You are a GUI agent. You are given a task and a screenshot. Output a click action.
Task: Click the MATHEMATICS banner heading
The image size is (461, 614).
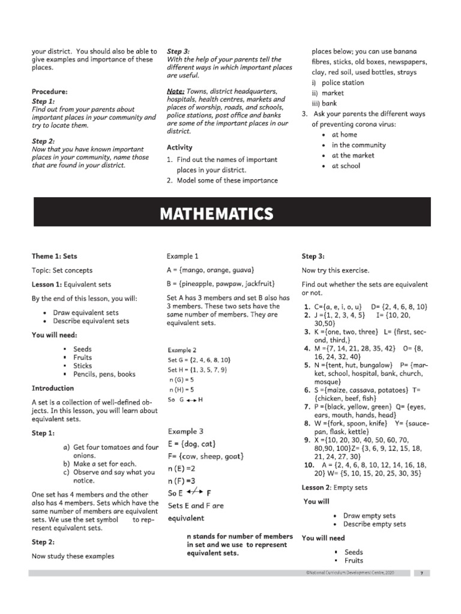[216, 214]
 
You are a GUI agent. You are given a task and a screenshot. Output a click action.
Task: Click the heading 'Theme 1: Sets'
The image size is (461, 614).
[55, 256]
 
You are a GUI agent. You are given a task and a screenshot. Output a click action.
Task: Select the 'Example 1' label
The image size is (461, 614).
[183, 256]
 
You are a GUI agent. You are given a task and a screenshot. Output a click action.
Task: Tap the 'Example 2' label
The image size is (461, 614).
[182, 350]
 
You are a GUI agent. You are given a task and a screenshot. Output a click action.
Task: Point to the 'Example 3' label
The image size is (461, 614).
[185, 431]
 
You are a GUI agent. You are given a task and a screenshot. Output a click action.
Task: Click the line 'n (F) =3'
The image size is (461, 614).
[182, 481]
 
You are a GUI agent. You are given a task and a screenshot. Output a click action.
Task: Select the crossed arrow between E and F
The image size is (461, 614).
[193, 493]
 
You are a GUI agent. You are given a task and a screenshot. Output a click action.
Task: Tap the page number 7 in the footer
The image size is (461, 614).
[421, 573]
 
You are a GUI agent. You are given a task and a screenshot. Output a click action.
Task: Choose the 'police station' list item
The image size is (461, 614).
[342, 83]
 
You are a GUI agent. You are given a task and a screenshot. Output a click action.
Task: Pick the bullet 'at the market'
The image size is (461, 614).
[353, 155]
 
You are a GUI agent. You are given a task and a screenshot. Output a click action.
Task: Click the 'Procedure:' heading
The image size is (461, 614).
[49, 92]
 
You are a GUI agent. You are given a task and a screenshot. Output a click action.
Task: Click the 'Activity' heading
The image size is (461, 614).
[179, 148]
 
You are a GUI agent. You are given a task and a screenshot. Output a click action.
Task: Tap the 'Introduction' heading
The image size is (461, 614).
[53, 389]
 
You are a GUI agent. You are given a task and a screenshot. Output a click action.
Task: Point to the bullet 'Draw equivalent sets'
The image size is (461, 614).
[86, 312]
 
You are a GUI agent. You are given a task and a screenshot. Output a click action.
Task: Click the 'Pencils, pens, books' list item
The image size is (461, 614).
[104, 374]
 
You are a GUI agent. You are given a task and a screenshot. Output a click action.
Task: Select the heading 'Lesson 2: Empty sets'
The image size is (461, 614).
[334, 487]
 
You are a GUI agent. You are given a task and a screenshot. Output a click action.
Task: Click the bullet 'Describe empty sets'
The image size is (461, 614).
[375, 524]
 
